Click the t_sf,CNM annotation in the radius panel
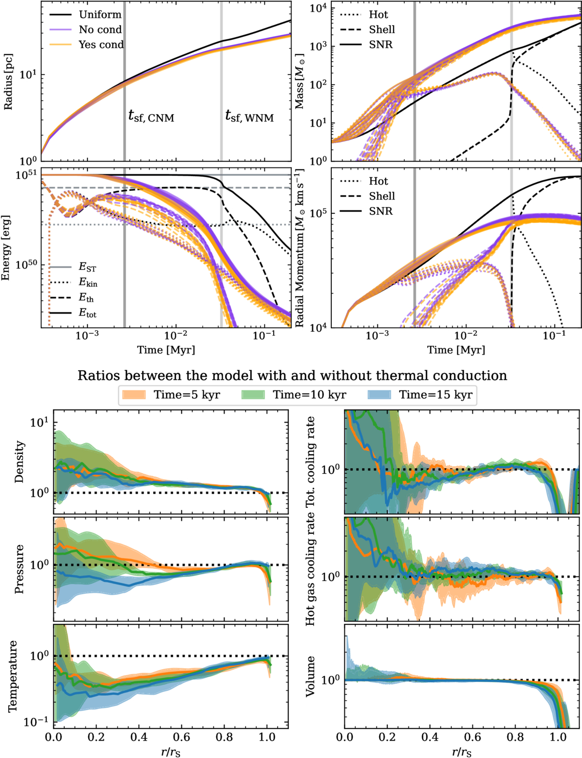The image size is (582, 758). pos(151,117)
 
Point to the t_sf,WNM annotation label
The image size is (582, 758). pos(249,117)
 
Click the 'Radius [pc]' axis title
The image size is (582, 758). pos(9,82)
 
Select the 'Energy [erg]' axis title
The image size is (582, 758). pos(6,248)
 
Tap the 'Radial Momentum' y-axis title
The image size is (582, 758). pos(300,248)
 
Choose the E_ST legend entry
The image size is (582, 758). pos(87,267)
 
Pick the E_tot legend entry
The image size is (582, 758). pos(87,313)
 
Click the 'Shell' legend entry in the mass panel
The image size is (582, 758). pos(382,30)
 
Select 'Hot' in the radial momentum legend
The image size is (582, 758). pos(378,181)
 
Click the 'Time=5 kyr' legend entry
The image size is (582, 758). pos(187,395)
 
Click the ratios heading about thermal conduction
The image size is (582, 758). pos(292,376)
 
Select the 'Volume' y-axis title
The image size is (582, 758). pos(310,676)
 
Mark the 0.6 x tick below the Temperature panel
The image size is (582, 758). pos(181,737)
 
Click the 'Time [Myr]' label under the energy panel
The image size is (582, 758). pos(166,350)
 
